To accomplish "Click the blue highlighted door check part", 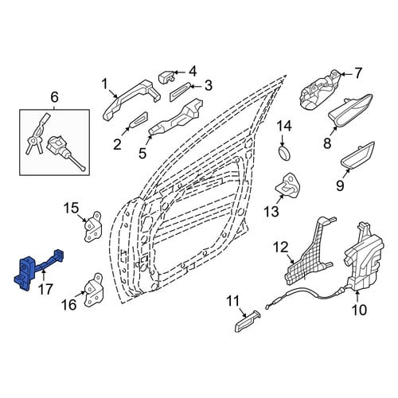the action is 26,272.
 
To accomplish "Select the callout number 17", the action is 45,289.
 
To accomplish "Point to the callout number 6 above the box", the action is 54,97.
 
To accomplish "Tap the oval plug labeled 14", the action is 284,153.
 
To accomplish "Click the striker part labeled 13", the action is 288,185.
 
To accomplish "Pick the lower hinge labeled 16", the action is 93,290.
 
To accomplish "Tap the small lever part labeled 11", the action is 247,321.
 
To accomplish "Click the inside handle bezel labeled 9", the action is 357,156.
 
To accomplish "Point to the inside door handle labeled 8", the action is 350,111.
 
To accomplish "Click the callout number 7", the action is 358,73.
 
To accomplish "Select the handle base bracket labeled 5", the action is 177,117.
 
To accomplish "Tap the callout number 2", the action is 117,145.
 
